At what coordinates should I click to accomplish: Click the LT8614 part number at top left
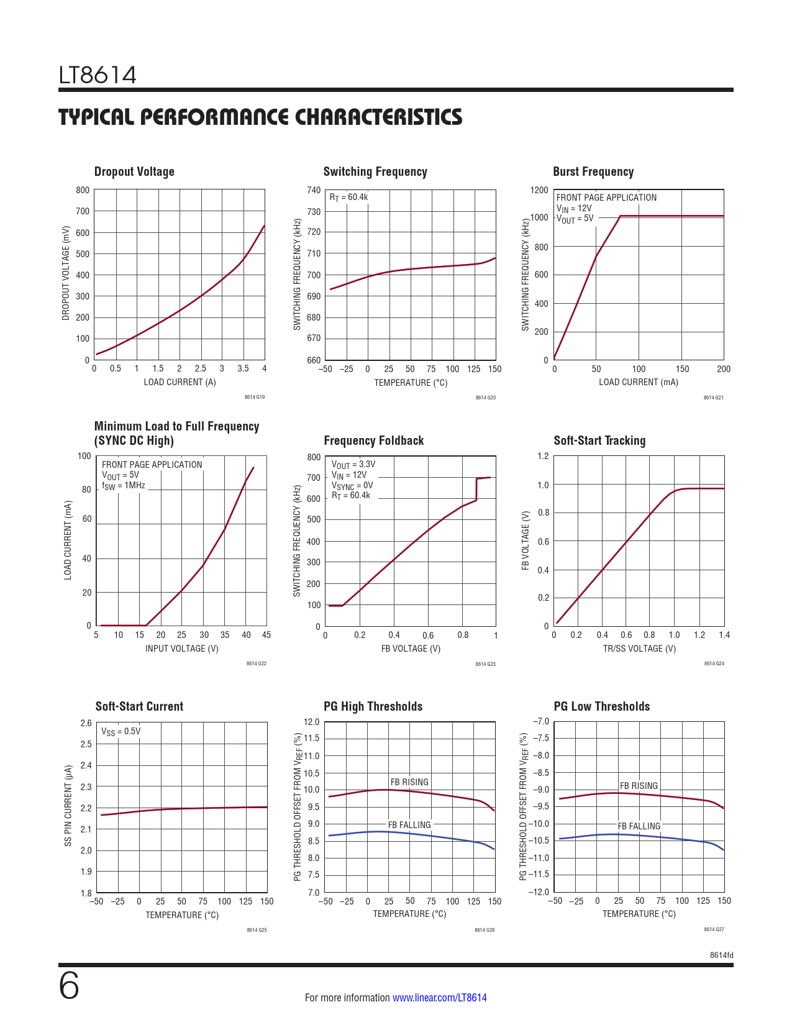98,75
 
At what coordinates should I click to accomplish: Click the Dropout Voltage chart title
134,171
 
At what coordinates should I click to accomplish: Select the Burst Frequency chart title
593,171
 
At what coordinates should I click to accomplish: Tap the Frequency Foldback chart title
373,440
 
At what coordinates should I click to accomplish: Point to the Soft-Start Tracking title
599,440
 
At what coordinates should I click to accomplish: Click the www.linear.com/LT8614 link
440,998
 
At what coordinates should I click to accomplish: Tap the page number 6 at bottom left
69,986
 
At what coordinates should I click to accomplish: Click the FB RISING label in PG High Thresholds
409,782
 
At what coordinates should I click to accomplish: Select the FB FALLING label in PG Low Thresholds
639,826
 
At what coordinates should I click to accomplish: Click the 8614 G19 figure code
255,397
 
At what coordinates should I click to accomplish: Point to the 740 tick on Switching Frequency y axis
314,190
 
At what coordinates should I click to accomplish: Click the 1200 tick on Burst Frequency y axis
539,190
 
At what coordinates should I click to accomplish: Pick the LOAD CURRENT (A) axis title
180,382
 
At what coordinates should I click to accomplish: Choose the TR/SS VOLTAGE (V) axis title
639,649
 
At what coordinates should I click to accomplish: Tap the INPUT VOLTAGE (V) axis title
182,649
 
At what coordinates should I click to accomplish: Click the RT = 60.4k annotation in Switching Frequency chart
348,198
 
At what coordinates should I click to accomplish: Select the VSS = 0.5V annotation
121,731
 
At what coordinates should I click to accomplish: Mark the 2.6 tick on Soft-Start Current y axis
86,723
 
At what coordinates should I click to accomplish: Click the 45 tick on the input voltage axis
266,635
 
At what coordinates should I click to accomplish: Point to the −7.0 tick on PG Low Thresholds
541,721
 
